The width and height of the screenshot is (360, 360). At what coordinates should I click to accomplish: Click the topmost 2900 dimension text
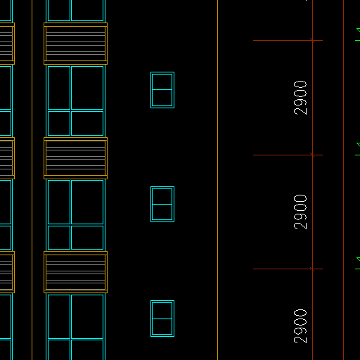(x=300, y=98)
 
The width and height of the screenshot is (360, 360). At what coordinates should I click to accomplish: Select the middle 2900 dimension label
(x=300, y=212)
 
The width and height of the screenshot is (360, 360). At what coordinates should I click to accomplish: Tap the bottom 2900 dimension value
(x=300, y=326)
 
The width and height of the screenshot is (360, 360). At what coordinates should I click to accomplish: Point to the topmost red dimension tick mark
(x=312, y=40)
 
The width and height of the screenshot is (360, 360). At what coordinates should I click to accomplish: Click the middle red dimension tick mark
(x=312, y=155)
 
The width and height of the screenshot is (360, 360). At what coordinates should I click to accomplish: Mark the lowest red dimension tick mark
(x=312, y=269)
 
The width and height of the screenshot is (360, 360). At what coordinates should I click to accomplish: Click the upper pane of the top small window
(x=162, y=82)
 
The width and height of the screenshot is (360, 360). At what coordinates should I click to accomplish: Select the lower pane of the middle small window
(x=162, y=212)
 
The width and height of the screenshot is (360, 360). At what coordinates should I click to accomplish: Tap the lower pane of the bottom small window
(x=162, y=327)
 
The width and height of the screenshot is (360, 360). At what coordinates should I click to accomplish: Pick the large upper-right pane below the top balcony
(x=87, y=88)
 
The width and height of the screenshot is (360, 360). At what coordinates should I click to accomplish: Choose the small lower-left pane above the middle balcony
(x=59, y=123)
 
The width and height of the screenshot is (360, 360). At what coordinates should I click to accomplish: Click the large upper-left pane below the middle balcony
(x=59, y=202)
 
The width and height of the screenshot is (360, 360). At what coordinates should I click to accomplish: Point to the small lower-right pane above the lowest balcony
(x=87, y=238)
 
